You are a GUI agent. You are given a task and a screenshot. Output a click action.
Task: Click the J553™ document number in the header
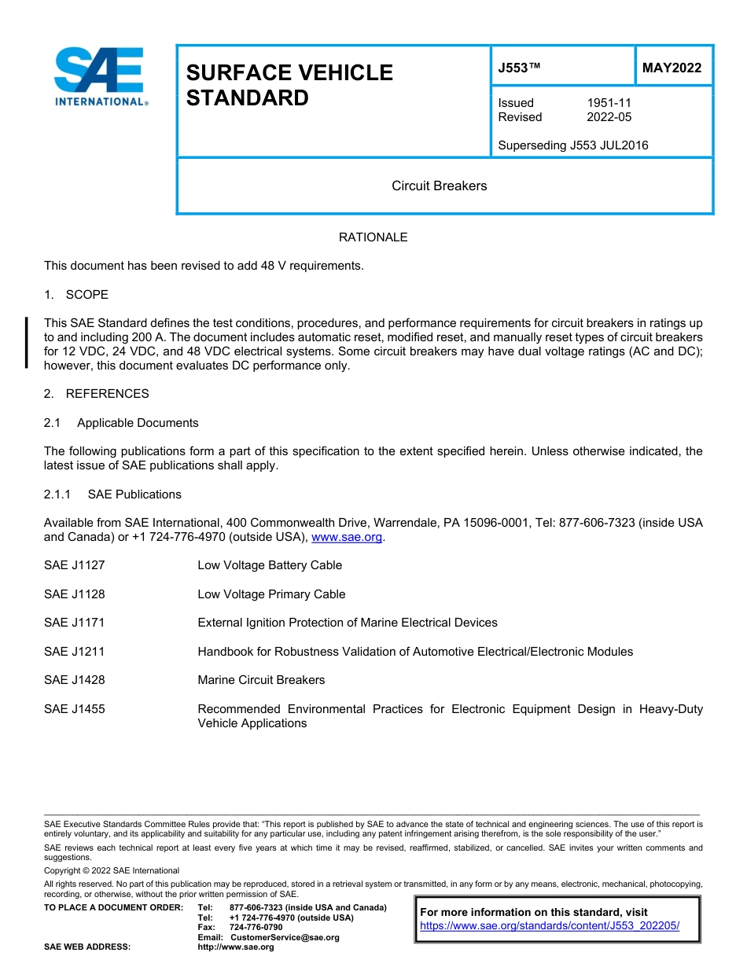point(519,68)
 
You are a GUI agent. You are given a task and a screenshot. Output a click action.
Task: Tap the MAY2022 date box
point(672,68)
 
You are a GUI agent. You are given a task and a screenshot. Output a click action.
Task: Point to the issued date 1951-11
point(609,103)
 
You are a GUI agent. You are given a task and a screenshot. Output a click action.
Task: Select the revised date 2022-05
point(609,117)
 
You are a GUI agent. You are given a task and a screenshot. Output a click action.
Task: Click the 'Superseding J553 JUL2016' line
point(573,145)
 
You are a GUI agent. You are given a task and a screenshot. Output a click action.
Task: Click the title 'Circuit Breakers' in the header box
point(439,186)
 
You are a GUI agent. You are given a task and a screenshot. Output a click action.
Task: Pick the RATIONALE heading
point(373,237)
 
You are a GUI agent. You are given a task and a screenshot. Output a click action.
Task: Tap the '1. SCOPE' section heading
point(76,295)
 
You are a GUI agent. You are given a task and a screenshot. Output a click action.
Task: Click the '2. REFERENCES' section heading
point(96,394)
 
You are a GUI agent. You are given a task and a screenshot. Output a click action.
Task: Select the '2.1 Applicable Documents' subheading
point(121,423)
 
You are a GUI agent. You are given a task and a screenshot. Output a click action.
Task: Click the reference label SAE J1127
point(75,565)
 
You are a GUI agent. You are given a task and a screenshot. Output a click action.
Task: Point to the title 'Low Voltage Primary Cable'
point(271,594)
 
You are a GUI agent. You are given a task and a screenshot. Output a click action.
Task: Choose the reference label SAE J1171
point(75,623)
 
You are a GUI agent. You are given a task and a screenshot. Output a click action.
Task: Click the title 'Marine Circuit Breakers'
point(261,680)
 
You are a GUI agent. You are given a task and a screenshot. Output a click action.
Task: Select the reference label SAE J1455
point(75,709)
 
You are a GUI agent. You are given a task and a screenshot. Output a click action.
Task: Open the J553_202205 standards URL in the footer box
point(549,926)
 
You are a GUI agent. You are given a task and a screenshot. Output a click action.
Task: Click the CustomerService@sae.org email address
point(285,937)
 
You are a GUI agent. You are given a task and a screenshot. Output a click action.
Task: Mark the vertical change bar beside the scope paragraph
point(27,343)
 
